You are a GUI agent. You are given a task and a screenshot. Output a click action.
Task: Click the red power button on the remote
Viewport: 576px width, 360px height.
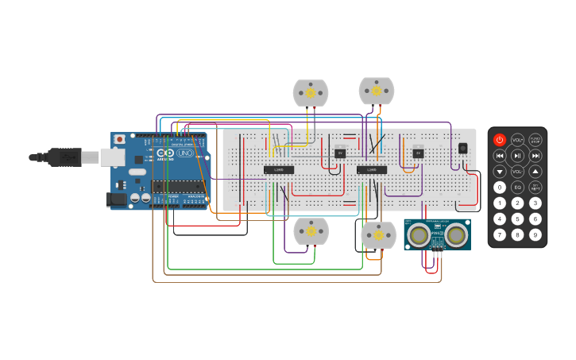pos(499,140)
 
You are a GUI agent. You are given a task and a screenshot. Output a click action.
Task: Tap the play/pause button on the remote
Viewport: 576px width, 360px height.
pos(517,156)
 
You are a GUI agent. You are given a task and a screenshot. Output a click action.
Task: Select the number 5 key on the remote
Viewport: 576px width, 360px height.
pos(517,219)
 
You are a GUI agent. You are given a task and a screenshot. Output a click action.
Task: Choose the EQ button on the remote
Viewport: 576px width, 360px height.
pos(517,188)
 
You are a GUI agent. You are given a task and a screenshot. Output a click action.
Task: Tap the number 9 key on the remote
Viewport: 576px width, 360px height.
pos(535,234)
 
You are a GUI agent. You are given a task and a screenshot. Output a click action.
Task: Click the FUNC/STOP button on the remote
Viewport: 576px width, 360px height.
pos(535,140)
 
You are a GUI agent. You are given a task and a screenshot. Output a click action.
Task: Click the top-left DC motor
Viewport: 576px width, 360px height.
pos(310,92)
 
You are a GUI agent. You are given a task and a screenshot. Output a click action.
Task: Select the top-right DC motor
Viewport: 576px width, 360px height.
pos(377,91)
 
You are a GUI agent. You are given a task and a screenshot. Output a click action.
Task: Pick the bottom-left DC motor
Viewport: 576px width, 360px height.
pos(311,231)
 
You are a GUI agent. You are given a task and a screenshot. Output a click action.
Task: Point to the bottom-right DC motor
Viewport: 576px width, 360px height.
pos(378,235)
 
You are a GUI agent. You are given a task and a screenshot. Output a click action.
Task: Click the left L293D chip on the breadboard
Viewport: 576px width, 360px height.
pos(279,169)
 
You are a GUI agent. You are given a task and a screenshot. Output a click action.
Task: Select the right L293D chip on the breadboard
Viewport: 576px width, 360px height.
pos(372,169)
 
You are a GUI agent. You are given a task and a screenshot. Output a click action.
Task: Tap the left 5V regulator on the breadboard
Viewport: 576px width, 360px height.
pos(340,153)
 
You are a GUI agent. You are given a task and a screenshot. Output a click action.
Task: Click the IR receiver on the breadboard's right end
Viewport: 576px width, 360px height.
pos(463,148)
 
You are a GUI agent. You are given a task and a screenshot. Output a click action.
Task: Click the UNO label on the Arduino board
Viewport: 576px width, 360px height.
pos(184,153)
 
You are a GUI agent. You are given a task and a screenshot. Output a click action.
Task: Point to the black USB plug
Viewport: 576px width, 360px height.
pos(63,157)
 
